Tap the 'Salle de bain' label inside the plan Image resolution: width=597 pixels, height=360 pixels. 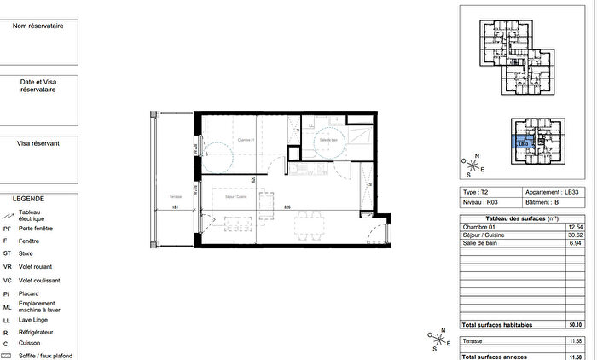point(330,139)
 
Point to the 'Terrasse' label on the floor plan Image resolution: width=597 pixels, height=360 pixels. point(175,197)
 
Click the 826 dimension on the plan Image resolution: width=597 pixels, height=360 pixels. point(288,207)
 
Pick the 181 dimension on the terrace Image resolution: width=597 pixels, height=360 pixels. point(175,207)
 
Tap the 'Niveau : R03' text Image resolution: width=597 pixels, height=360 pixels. point(480,203)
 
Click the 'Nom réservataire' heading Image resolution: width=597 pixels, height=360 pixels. point(38,26)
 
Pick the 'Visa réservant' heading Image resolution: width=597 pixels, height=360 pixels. point(38,144)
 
